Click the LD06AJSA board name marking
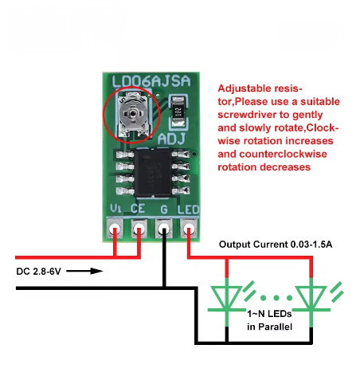point(151,81)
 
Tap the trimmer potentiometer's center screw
point(132,114)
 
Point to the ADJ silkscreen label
point(171,139)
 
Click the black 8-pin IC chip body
point(153,173)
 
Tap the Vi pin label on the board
point(116,209)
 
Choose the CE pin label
point(138,209)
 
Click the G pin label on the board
point(164,210)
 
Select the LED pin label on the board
point(188,210)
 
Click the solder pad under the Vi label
point(115,228)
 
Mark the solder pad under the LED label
point(189,228)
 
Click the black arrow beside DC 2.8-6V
point(84,271)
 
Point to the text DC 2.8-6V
point(39,272)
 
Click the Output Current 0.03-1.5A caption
point(276,245)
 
